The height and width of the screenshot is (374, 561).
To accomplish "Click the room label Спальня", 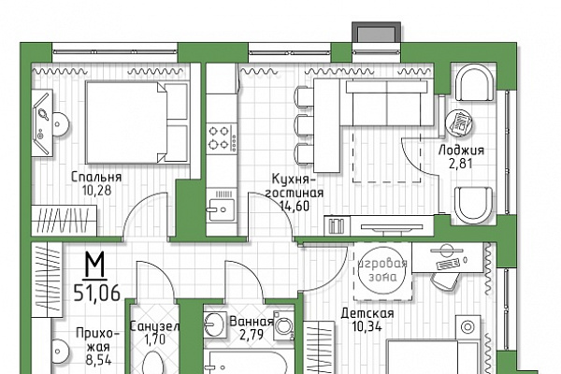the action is pyautogui.click(x=96, y=177).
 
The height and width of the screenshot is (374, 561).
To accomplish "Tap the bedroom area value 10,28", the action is pyautogui.click(x=96, y=191).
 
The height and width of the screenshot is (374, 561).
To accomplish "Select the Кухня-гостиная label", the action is pyautogui.click(x=295, y=186).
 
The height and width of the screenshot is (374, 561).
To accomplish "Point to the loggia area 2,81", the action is pyautogui.click(x=461, y=164).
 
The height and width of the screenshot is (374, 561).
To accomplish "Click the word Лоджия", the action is pyautogui.click(x=462, y=150).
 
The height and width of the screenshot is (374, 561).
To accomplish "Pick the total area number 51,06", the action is pyautogui.click(x=96, y=294).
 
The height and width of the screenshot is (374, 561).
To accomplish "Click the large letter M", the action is pyautogui.click(x=94, y=265).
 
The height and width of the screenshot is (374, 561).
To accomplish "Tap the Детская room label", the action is pyautogui.click(x=367, y=313).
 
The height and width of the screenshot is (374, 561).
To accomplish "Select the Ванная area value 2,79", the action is pyautogui.click(x=252, y=335).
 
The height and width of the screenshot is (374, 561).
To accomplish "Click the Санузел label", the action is pyautogui.click(x=154, y=326).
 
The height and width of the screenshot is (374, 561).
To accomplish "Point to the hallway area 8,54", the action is pyautogui.click(x=98, y=359).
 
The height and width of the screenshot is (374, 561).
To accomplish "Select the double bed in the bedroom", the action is pyautogui.click(x=137, y=122).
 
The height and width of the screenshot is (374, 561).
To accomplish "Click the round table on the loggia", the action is pyautogui.click(x=459, y=123).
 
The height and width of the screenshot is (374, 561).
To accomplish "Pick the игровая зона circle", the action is pyautogui.click(x=382, y=270).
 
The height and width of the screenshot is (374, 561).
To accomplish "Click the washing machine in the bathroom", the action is pyautogui.click(x=284, y=325).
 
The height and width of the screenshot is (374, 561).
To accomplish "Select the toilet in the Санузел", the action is pyautogui.click(x=154, y=364).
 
